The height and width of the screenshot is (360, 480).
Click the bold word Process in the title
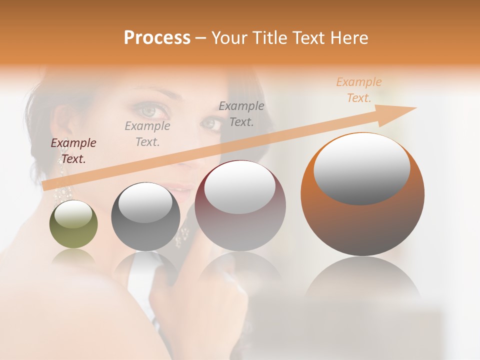(x=157, y=37)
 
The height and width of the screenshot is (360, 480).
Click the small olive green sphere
(x=73, y=224)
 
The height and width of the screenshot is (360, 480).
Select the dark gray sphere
(x=145, y=217)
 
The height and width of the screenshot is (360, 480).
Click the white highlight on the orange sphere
(x=361, y=169)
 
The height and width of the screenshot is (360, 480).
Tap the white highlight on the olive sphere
(x=73, y=213)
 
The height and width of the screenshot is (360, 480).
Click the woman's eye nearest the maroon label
(x=148, y=109)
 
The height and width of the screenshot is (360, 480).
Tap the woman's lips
(x=177, y=187)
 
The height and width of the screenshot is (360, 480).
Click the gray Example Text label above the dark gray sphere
(x=147, y=134)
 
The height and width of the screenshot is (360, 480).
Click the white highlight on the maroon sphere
(x=240, y=186)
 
